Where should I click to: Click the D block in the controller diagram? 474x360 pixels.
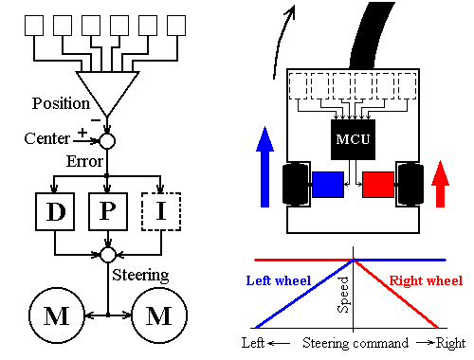[x=54, y=210]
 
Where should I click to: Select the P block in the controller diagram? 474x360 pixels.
[x=108, y=210]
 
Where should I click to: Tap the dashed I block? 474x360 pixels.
[x=160, y=210]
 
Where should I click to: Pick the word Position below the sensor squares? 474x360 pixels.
[x=60, y=103]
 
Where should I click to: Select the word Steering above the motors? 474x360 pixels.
[x=141, y=276]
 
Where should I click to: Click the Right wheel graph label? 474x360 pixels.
[x=429, y=280]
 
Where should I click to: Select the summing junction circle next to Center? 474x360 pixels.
[x=108, y=140]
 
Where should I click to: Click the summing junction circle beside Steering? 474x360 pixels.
[x=108, y=255]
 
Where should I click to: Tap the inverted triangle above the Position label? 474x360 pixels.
[x=108, y=91]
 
